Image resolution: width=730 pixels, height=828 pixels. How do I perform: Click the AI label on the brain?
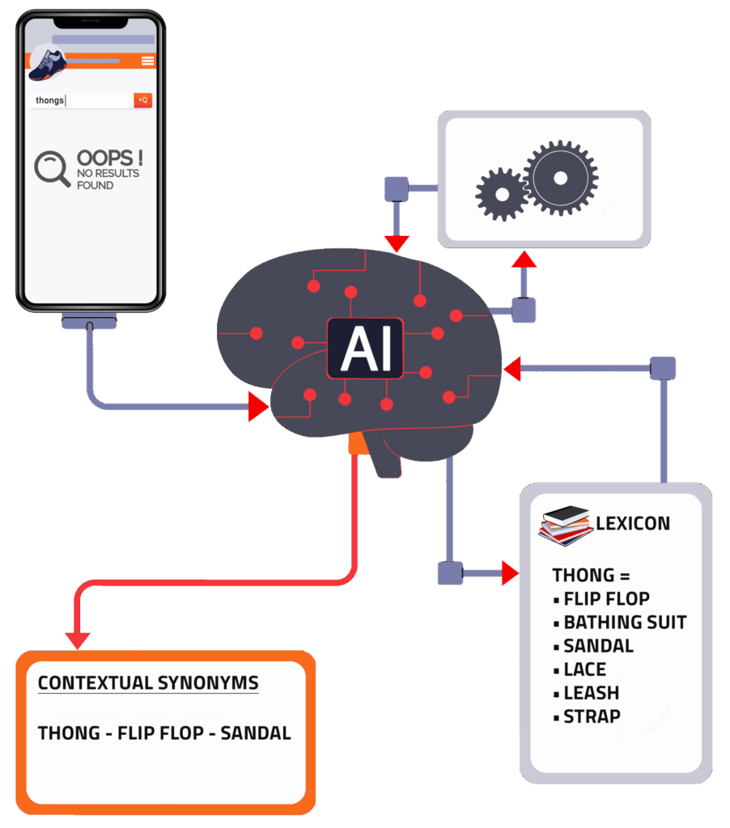coord(365,349)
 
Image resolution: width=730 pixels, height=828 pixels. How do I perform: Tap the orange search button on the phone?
coord(142,99)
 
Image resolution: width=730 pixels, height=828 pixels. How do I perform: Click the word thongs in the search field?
coord(49,100)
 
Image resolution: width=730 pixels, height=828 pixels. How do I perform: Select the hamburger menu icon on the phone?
coord(148,61)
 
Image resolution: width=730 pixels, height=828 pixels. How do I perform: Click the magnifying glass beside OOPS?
coord(52,169)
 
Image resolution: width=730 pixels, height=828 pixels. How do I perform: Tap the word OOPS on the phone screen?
coord(104,158)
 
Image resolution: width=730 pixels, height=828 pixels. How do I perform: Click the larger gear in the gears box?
coord(561,178)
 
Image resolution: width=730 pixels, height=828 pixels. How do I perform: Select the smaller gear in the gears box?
coord(502,194)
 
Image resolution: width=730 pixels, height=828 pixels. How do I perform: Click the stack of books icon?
coord(565,525)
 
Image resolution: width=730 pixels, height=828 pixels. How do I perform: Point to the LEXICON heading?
coord(633,523)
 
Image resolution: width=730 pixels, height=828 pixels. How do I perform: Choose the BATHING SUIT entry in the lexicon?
coord(625,622)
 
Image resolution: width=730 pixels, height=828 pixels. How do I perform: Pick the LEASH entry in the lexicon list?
coord(591,693)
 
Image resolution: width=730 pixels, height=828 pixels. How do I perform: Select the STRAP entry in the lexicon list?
coord(592,716)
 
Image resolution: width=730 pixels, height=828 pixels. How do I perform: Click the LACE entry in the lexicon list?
coord(584,669)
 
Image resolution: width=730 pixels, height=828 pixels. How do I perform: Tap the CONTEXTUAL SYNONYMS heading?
coord(149,682)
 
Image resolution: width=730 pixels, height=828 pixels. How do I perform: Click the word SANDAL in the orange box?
coord(255,733)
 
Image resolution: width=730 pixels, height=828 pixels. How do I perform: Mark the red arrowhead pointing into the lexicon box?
coord(510,573)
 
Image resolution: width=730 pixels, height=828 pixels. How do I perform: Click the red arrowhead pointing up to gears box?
coord(524,260)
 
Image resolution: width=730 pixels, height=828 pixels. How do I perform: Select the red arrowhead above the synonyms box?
coord(78,640)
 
